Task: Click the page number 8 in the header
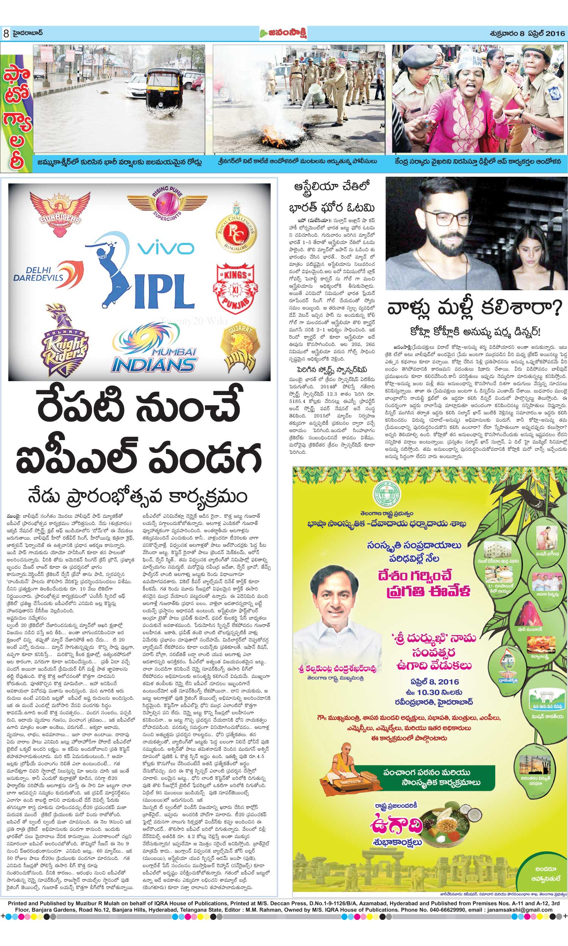tap(6, 34)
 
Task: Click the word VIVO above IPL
tap(166, 249)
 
